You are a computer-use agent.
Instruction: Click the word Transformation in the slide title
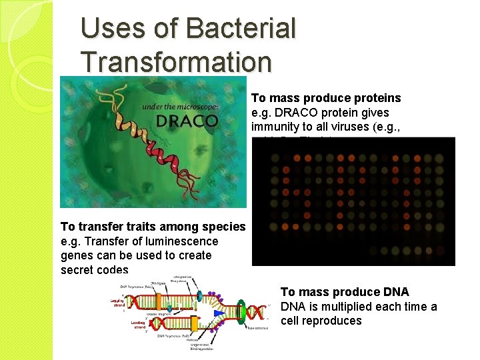176,61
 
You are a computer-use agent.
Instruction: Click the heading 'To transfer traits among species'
153,227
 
